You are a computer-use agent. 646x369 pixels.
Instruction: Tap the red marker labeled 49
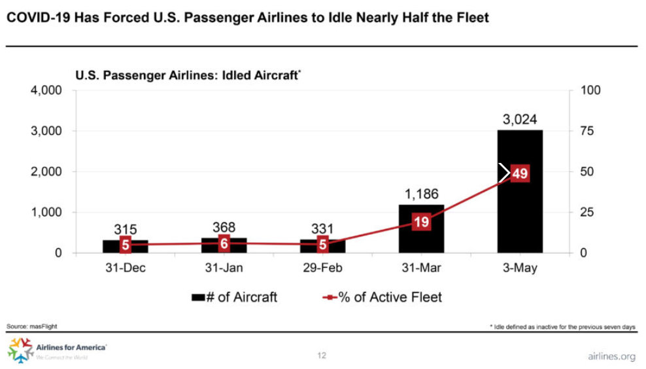click(520, 173)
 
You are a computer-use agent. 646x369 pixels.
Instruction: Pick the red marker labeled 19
click(421, 222)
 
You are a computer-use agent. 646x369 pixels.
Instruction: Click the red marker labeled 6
click(224, 243)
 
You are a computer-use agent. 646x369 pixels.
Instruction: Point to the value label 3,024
click(520, 119)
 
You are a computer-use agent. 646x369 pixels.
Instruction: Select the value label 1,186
click(421, 194)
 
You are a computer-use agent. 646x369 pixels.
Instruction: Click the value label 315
click(126, 230)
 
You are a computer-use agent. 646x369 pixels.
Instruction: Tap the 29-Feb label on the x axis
click(322, 269)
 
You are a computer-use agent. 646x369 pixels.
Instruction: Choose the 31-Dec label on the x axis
click(126, 269)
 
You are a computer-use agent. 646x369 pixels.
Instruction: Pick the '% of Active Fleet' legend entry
click(382, 297)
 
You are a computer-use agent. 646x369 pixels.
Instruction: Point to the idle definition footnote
click(562, 326)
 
